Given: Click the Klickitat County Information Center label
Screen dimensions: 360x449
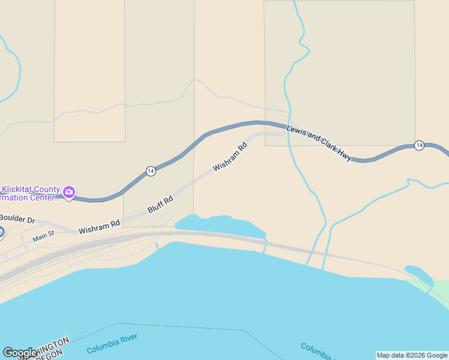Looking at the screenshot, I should coord(30,194).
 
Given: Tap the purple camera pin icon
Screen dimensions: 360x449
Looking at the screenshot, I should coord(69,192).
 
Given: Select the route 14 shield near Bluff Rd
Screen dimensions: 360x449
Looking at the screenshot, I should coord(151,171).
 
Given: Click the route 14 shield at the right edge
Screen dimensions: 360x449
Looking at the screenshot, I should coord(419,145).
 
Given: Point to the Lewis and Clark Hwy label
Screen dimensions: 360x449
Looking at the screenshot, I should coord(319,143).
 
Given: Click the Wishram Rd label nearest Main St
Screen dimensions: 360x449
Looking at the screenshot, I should coord(99,227).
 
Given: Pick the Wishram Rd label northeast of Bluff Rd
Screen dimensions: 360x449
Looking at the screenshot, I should coord(230,156).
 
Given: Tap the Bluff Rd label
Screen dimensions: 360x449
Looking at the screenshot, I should coord(160,205).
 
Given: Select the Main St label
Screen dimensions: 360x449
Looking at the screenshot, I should coord(43,237).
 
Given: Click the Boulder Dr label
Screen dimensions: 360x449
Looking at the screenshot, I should coord(17,218).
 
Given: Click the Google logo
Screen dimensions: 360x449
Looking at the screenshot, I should coord(20,353).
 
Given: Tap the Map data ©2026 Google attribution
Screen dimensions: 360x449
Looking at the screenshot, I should coord(412,355).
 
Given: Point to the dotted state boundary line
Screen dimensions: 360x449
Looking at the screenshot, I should coord(180,326).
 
